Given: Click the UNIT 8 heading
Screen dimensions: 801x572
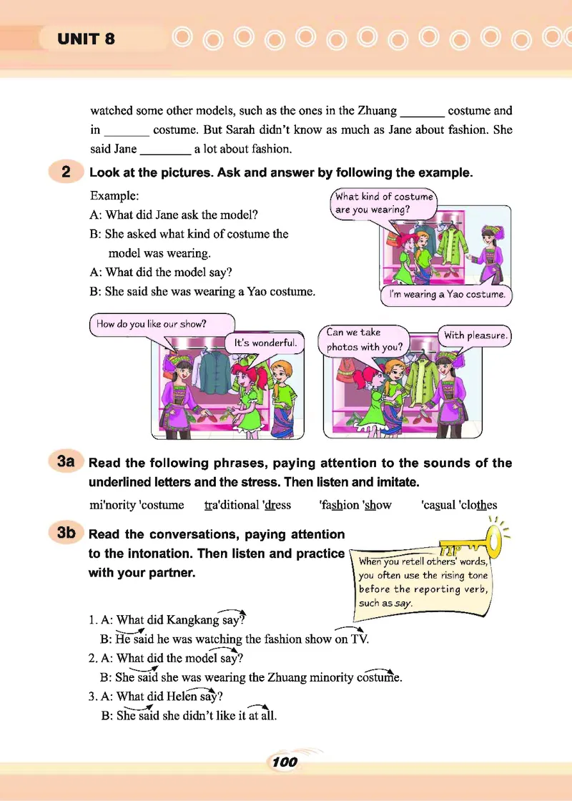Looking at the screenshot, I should pos(86,39).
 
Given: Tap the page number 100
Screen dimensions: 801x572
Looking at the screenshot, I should pos(285,762).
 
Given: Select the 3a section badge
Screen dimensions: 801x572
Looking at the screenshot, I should pos(66,462).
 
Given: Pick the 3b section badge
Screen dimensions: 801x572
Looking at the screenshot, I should pos(66,534).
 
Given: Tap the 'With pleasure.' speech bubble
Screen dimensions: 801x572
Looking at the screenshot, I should pos(475,335).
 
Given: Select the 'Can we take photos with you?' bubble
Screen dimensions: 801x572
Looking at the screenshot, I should pos(363,340).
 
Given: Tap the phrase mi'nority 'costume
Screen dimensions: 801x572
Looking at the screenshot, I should pos(137,505).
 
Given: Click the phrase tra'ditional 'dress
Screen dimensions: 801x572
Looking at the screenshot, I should pos(247,505).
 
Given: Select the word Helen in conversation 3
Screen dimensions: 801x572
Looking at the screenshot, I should pos(189,696).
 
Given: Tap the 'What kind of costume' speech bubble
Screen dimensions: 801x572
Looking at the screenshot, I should pos(384,202).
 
